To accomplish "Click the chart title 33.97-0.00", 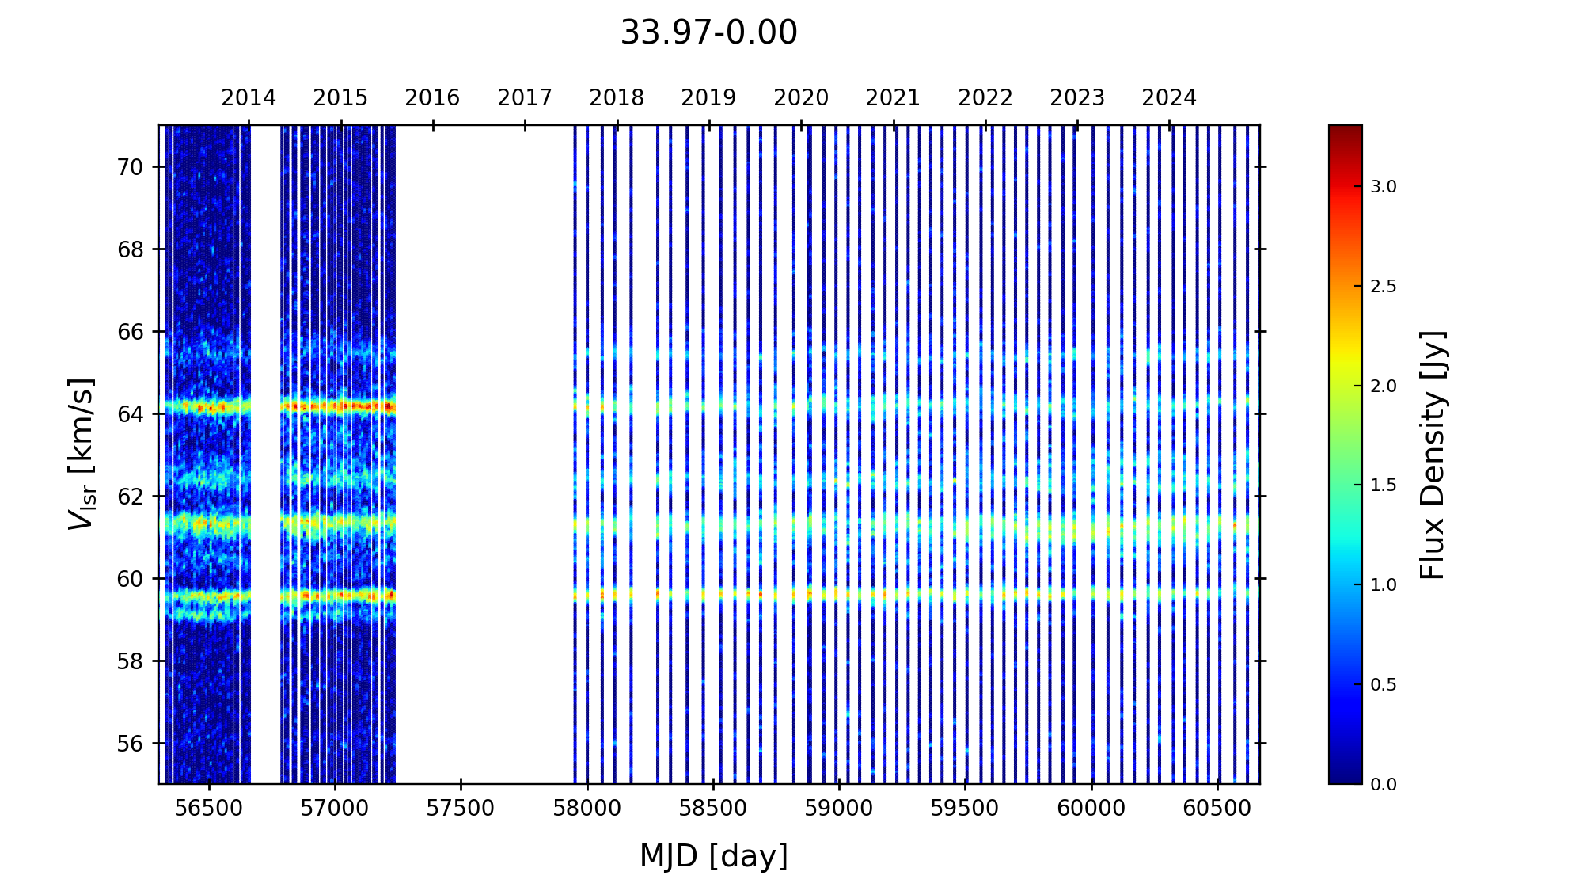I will [x=708, y=33].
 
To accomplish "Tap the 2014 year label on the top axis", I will [x=249, y=98].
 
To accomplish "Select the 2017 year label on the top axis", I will [x=525, y=98].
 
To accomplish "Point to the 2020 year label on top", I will [x=801, y=98].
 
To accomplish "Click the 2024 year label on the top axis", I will [x=1169, y=98].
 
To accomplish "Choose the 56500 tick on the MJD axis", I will [x=208, y=809].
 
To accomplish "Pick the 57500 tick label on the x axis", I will [x=461, y=809].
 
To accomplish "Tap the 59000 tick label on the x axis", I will [x=839, y=809].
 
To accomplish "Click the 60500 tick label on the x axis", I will [x=1217, y=809].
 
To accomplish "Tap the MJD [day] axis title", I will [x=714, y=856].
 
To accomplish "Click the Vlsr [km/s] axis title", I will [x=82, y=454].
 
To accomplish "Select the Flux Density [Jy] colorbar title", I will [x=1433, y=455].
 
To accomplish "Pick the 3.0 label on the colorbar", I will [x=1384, y=187].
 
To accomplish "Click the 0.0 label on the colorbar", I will [x=1384, y=785].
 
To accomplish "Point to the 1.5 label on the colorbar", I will [x=1384, y=485].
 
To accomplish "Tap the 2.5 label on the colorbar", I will [x=1384, y=287].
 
